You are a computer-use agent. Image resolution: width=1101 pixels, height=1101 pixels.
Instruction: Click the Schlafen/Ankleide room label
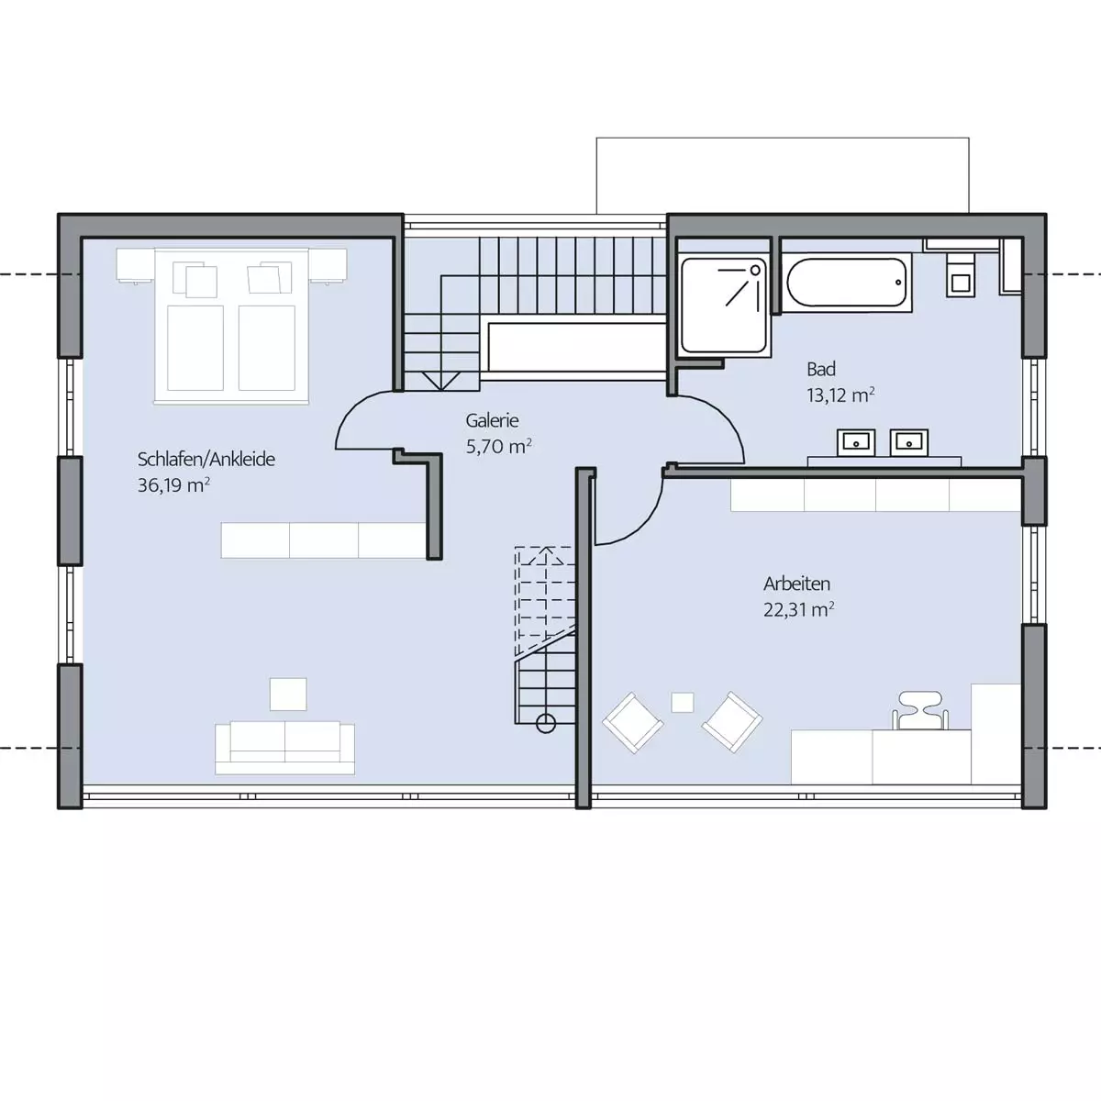206,460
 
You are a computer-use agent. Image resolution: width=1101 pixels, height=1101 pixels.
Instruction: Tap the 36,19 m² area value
173,485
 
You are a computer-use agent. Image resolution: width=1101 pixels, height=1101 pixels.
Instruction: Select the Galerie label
492,420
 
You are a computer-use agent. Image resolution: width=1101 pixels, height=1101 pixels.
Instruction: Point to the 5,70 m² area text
499,446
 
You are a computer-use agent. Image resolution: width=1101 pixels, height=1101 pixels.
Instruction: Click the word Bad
821,369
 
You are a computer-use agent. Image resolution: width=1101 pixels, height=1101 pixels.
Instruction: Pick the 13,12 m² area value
840,395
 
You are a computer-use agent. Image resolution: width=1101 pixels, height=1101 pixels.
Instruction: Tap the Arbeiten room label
796,584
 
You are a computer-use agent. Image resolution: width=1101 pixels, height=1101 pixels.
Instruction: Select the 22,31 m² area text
799,609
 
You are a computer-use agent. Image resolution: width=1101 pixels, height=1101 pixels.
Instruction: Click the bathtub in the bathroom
847,283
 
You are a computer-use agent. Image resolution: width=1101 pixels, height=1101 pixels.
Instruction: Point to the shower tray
724,305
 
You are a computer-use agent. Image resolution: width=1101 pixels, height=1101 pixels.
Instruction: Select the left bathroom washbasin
855,442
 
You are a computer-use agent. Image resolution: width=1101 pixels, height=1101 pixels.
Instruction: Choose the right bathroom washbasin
909,442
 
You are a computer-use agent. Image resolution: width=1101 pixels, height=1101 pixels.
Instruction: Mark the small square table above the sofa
288,695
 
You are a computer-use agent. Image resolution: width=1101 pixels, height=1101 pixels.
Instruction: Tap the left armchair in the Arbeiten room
633,723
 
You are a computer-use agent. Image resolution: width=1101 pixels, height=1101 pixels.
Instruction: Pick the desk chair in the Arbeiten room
920,710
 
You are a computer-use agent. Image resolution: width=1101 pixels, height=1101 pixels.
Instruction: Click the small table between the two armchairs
683,702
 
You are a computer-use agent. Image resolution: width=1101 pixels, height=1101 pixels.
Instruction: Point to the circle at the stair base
546,723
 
